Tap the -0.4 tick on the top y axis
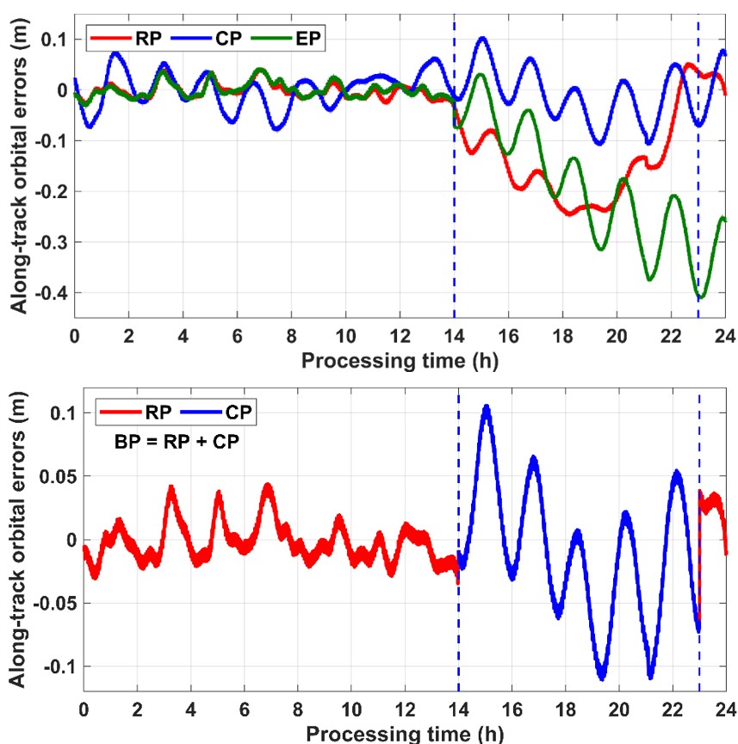(x=54, y=293)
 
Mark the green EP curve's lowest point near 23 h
(x=701, y=297)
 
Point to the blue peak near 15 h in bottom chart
(x=487, y=406)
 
